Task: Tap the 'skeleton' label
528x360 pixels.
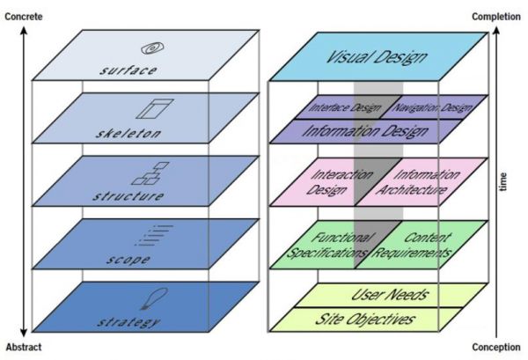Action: [x=128, y=134]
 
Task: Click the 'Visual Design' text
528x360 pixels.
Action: [x=377, y=58]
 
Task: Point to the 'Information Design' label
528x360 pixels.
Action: [x=378, y=131]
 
